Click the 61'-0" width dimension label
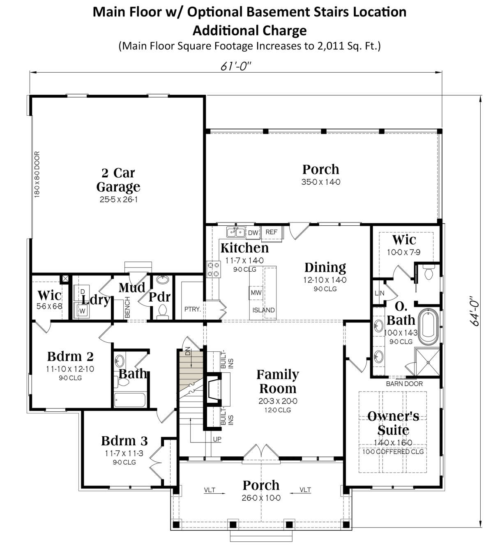[x=236, y=66]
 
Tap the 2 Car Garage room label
[x=118, y=180]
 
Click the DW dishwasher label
[x=253, y=233]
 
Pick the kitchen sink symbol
[x=236, y=232]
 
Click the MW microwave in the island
[x=256, y=293]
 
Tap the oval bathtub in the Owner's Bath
[x=428, y=327]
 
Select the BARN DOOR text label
[x=404, y=384]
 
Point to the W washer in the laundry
[x=82, y=311]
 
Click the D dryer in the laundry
[x=82, y=292]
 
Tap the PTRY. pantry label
[x=192, y=309]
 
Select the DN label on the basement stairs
[x=188, y=352]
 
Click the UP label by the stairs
[x=217, y=439]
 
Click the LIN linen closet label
[x=379, y=293]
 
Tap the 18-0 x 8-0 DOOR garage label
[x=37, y=174]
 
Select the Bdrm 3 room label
[x=124, y=441]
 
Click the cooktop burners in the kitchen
[x=214, y=269]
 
